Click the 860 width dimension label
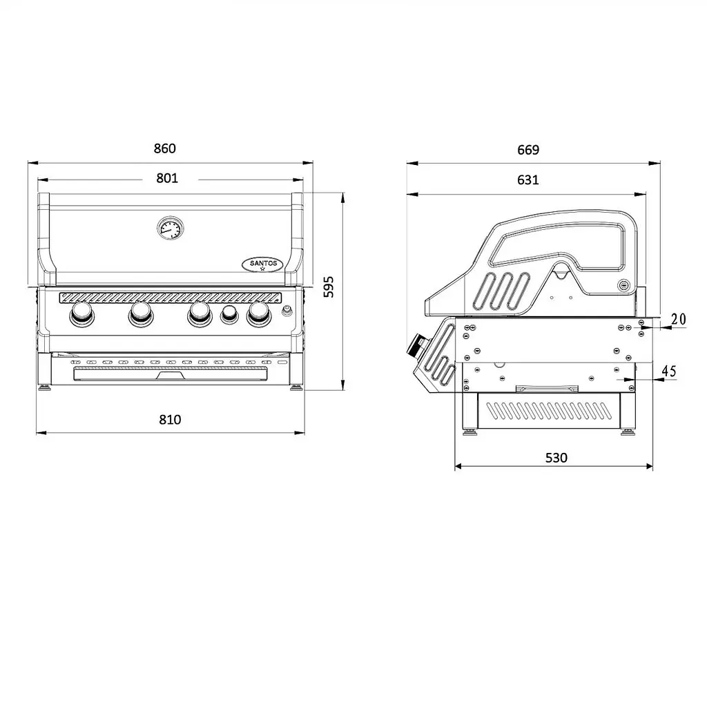(164, 148)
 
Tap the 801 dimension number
(167, 178)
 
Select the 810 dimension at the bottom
(170, 420)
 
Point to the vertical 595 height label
(329, 287)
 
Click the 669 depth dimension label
(528, 150)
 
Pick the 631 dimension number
(528, 180)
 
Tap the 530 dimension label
(556, 458)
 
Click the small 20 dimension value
(678, 319)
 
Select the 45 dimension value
(668, 371)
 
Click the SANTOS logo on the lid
(263, 264)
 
